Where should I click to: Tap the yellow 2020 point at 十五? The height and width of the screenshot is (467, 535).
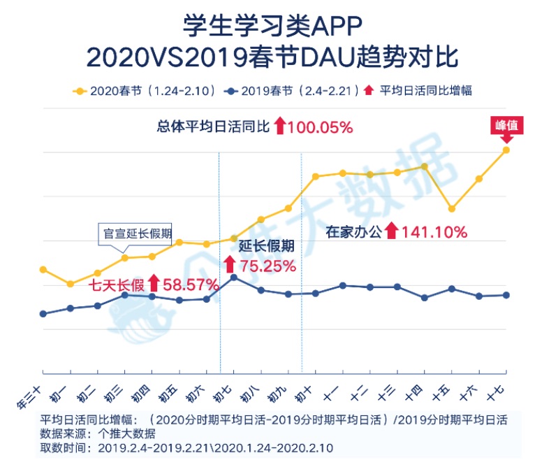point(452,208)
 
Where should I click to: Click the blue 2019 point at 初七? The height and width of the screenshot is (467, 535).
point(234,278)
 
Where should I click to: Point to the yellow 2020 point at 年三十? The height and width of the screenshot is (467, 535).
point(43,269)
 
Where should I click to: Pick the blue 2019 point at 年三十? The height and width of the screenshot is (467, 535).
point(43,314)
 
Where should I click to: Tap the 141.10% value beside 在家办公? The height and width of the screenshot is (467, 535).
point(434,232)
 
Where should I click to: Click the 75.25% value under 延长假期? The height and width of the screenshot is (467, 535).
point(267,266)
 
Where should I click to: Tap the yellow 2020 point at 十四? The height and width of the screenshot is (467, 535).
point(425,166)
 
